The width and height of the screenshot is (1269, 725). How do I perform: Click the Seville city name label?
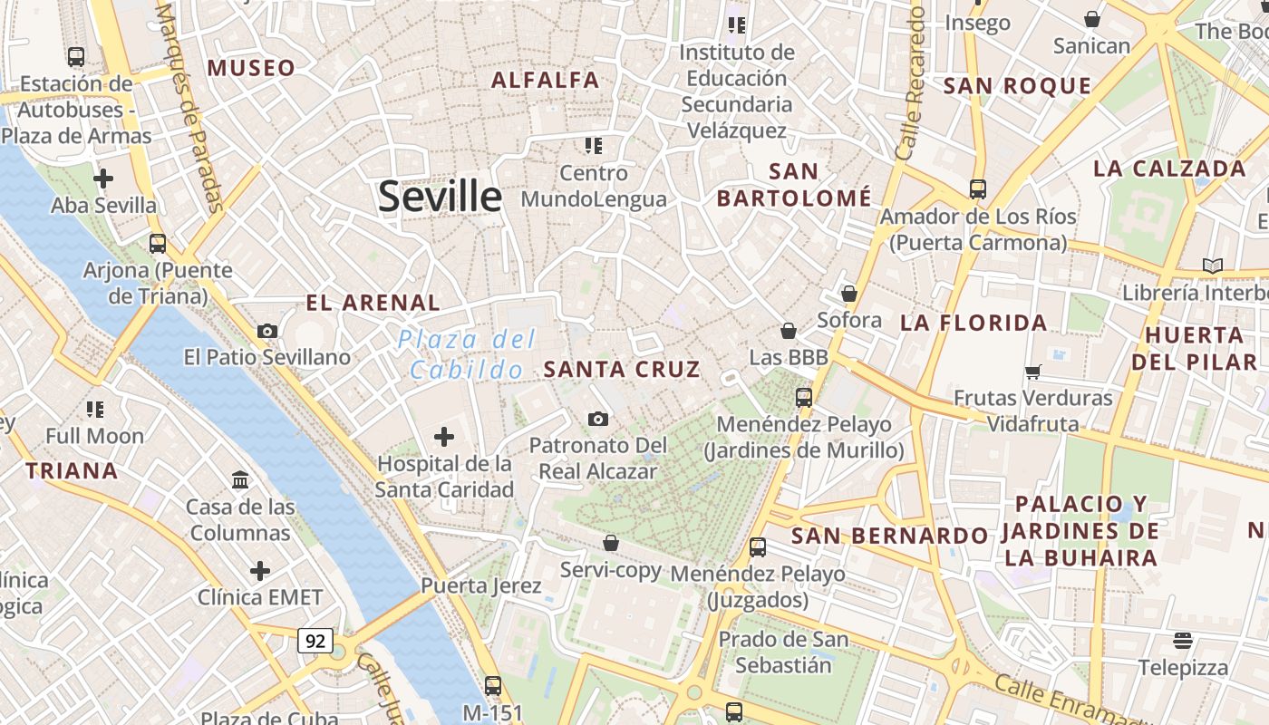point(440,196)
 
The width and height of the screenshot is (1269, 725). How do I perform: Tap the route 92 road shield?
point(315,641)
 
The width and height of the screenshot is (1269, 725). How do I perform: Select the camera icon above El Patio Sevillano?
point(267,332)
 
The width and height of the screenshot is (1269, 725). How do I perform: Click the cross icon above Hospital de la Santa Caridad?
point(444,438)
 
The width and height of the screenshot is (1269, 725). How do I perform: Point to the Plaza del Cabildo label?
point(467,354)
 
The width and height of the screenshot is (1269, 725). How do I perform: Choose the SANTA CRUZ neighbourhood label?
point(622,369)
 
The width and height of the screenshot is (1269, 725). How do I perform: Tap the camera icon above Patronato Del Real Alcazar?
point(597,419)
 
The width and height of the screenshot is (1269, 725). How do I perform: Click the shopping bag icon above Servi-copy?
point(611,543)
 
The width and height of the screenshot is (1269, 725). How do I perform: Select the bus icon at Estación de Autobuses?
point(76,57)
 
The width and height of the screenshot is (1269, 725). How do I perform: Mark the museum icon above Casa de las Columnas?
point(240,479)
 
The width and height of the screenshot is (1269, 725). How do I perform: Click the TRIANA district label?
point(72,470)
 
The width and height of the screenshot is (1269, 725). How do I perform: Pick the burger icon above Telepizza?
point(1182,641)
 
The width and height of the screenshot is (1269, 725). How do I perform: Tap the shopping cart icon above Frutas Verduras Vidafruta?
point(1032,372)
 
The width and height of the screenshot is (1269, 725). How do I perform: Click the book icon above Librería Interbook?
point(1212,266)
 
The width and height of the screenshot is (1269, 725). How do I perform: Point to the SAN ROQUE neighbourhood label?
point(1017,86)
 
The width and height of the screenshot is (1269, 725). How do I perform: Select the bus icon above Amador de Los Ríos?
point(977,189)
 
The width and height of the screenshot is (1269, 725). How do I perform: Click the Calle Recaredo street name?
point(909,83)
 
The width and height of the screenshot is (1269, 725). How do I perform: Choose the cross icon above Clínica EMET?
point(260,571)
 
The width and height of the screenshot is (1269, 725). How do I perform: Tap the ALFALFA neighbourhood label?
point(545,80)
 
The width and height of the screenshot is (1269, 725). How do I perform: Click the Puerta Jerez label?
point(480,585)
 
